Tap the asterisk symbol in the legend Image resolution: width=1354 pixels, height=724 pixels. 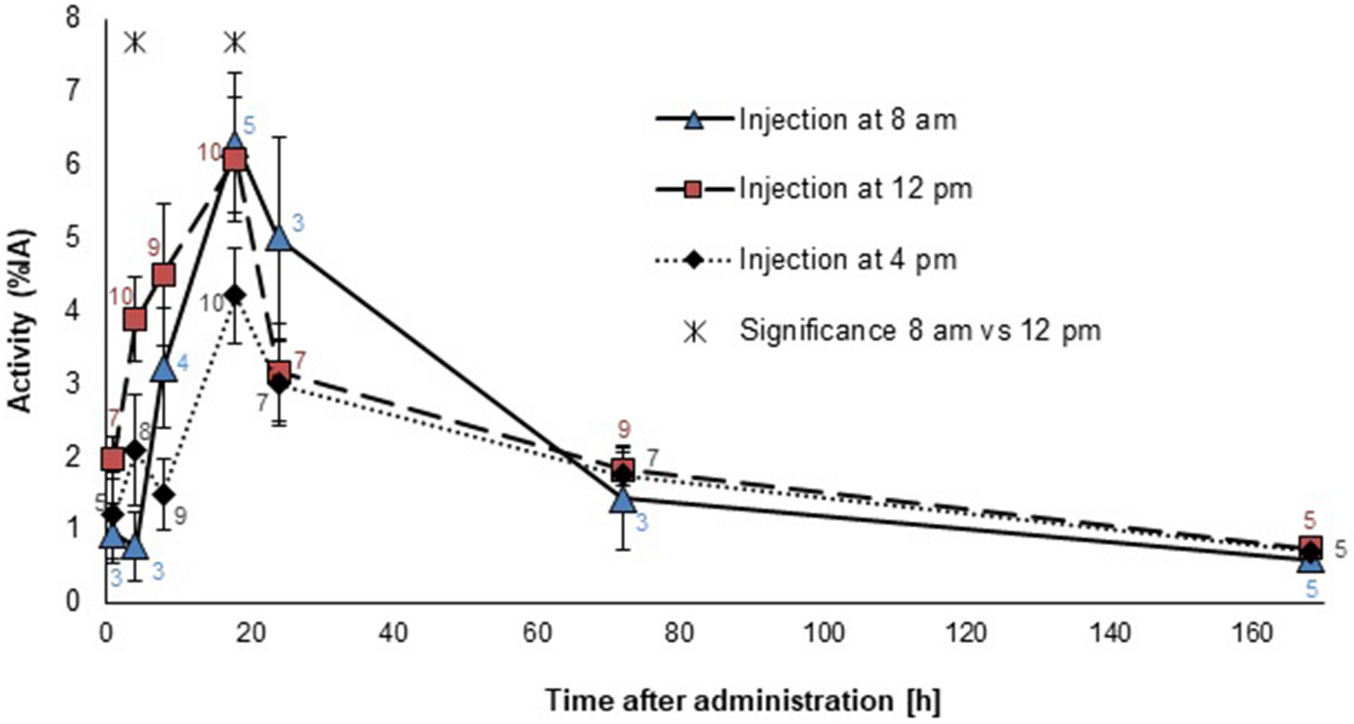click(695, 331)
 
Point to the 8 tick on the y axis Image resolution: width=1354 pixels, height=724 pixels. click(72, 18)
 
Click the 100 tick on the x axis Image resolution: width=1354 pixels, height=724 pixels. click(824, 632)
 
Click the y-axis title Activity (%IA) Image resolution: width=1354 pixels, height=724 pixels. click(21, 319)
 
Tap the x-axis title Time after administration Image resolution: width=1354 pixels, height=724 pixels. click(742, 701)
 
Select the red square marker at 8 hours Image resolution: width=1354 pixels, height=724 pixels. click(164, 275)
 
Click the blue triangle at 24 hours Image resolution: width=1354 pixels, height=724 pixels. click(280, 239)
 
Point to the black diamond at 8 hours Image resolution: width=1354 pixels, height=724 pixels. click(164, 494)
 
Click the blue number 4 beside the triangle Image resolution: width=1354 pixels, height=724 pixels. click(183, 363)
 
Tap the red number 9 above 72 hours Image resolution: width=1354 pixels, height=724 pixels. click(624, 429)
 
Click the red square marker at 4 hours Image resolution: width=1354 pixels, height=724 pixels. click(135, 319)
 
